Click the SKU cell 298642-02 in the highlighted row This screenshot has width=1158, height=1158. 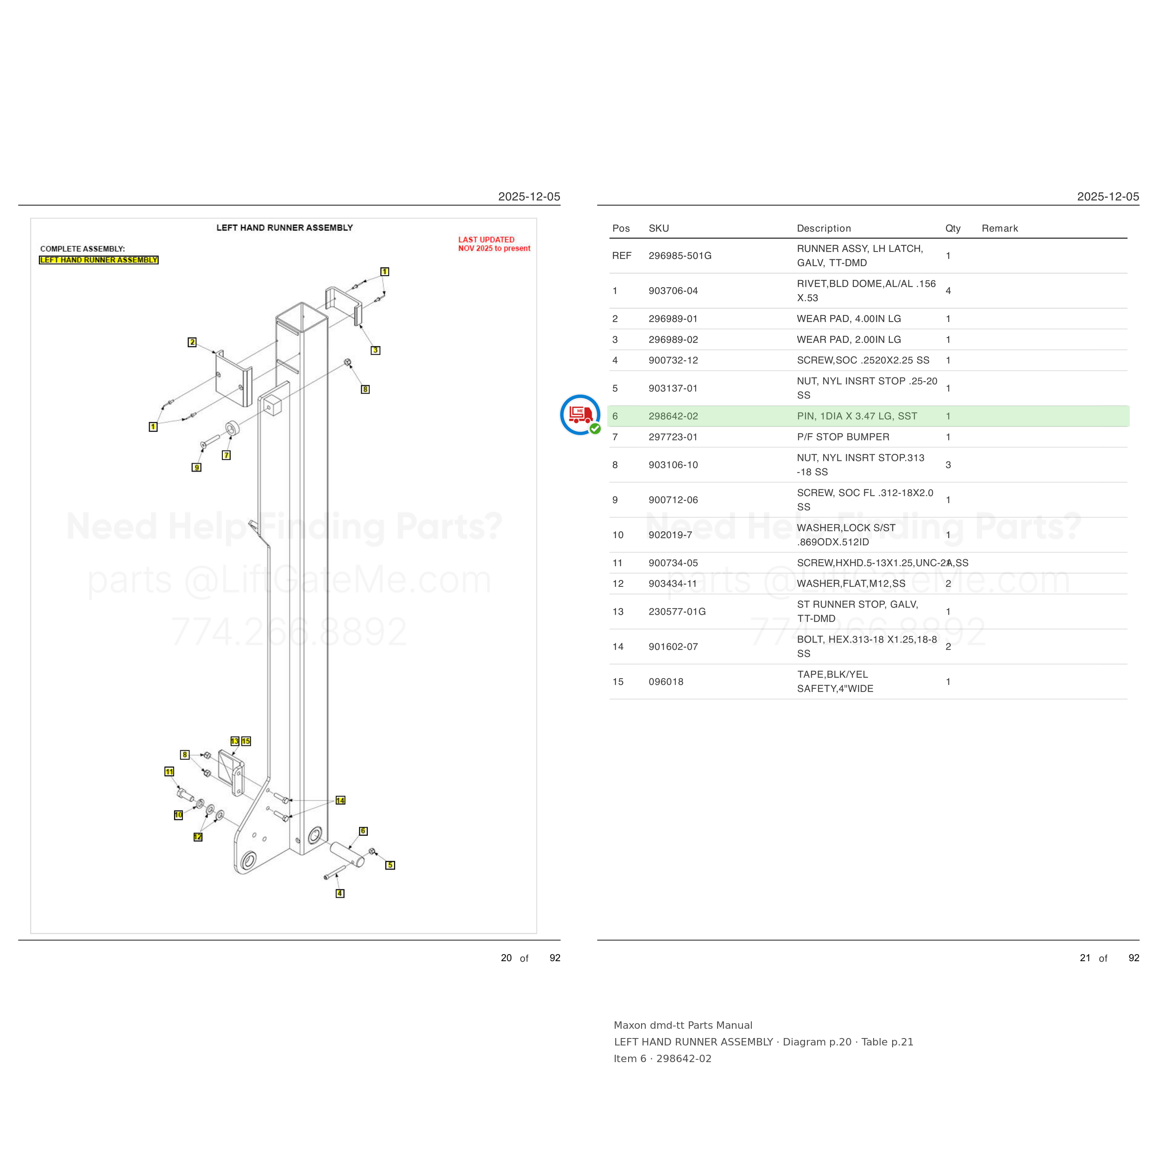pos(673,416)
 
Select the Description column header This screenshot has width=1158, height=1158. pos(824,228)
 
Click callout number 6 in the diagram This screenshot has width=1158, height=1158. pos(363,831)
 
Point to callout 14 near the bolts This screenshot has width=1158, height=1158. pos(340,800)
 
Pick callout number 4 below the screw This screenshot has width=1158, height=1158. pos(340,893)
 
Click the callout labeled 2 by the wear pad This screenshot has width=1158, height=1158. pos(192,342)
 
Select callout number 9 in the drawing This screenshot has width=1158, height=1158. pos(196,467)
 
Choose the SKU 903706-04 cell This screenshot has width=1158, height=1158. pos(673,291)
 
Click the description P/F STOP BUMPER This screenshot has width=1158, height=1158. pos(843,437)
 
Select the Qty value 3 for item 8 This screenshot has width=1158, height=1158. pos(948,465)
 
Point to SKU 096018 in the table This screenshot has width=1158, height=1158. pos(666,681)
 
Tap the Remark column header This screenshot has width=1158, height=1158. pos(1000,228)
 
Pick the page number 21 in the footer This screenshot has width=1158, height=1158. pos(1085,958)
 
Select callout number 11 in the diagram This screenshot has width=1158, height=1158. pos(169,771)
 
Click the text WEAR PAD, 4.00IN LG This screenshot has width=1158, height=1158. pos(849,319)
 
